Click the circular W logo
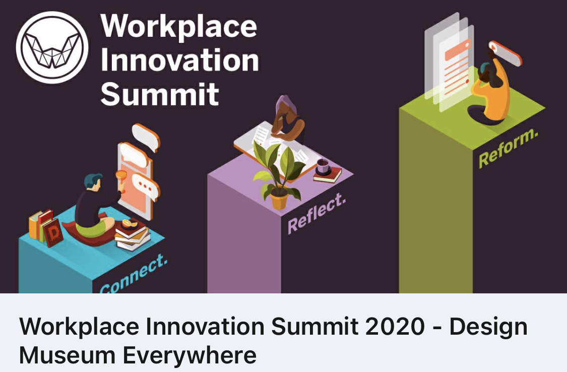coord(52,47)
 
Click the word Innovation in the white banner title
coord(180,60)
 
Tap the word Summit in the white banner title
coord(160,94)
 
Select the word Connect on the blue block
coord(134,274)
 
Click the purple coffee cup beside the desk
coord(323,166)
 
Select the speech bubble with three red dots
coord(146,187)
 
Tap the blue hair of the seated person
coord(93,179)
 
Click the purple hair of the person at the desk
coord(286,105)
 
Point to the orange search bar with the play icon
coord(505,53)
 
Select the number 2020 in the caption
coord(395,326)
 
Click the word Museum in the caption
coord(67,355)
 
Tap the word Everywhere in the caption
coord(190,356)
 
